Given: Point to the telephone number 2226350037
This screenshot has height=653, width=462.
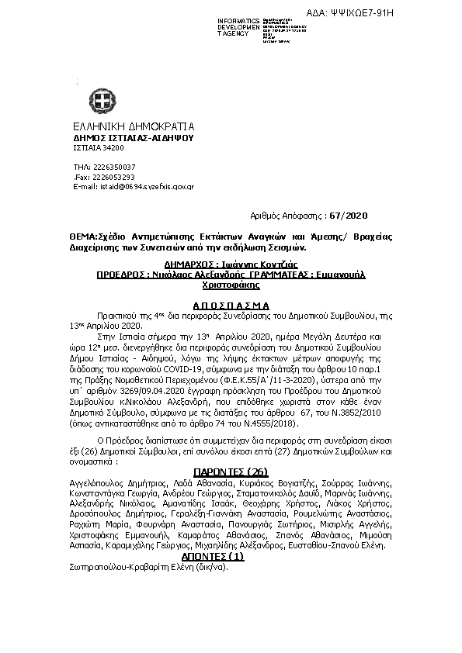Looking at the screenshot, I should tap(115, 167).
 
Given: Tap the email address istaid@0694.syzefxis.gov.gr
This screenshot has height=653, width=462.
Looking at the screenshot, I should tap(144, 187).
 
